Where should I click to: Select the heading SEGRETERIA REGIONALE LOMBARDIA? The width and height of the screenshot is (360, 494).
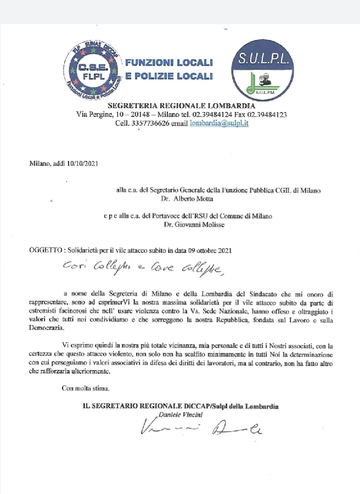(x=181, y=105)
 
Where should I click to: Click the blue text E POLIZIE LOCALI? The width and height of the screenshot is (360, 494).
(x=168, y=77)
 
